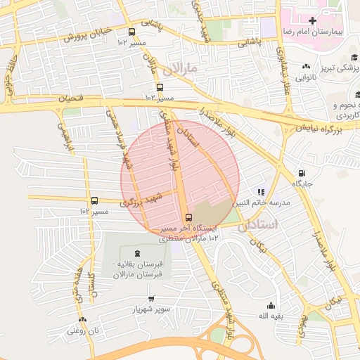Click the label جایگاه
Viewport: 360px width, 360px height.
tap(302, 184)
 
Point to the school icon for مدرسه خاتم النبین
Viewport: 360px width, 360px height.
tap(261, 191)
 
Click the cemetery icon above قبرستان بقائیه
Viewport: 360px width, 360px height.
tap(136, 253)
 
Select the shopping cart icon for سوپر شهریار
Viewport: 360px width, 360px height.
tap(152, 298)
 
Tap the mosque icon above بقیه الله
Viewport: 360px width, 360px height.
tap(271, 305)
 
